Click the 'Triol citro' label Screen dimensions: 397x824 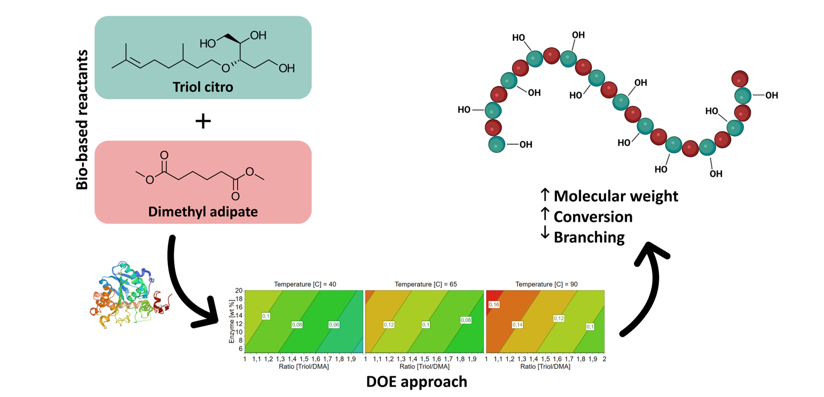(x=203, y=87)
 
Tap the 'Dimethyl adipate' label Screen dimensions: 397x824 (x=203, y=212)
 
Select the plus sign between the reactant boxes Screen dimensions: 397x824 (x=203, y=121)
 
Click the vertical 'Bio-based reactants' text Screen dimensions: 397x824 (x=82, y=119)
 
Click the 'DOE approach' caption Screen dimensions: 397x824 (x=417, y=382)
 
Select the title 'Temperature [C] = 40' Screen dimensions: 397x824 (x=305, y=284)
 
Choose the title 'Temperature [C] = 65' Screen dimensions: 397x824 (x=426, y=284)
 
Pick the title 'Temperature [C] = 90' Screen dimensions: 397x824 (x=546, y=284)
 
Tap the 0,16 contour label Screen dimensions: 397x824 (x=494, y=305)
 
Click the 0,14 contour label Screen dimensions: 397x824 (x=517, y=325)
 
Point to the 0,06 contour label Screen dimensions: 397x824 (x=334, y=325)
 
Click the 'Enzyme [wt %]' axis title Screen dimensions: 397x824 (x=232, y=321)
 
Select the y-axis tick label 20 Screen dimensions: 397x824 (x=239, y=291)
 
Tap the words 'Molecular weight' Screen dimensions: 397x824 (x=616, y=196)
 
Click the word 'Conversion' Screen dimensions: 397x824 (x=593, y=217)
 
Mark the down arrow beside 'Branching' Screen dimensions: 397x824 (x=545, y=233)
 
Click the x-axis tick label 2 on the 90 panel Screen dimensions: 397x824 (x=604, y=359)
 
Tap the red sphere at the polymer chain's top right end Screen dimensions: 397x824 (x=740, y=79)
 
